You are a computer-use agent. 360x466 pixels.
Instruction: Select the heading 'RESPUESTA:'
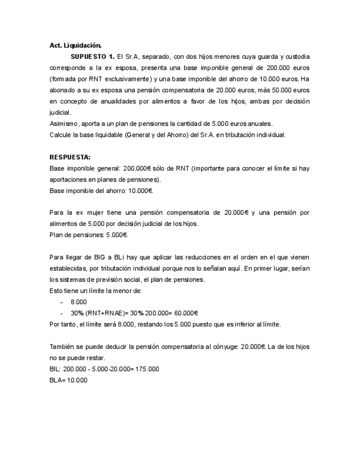tap(69, 157)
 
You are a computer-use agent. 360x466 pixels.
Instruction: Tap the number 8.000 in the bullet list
tap(79, 302)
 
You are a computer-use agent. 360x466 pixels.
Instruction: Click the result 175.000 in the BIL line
tap(148, 369)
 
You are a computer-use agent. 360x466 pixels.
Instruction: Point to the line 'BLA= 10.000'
tap(68, 380)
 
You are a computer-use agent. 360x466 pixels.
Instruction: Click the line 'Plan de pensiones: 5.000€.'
tap(88, 235)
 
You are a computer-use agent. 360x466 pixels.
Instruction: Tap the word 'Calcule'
tap(60, 135)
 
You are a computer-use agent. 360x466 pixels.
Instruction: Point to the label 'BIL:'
tap(55, 369)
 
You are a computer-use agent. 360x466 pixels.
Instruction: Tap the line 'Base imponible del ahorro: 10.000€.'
tap(101, 190)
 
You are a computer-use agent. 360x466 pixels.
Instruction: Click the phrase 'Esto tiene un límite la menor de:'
tap(96, 291)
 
